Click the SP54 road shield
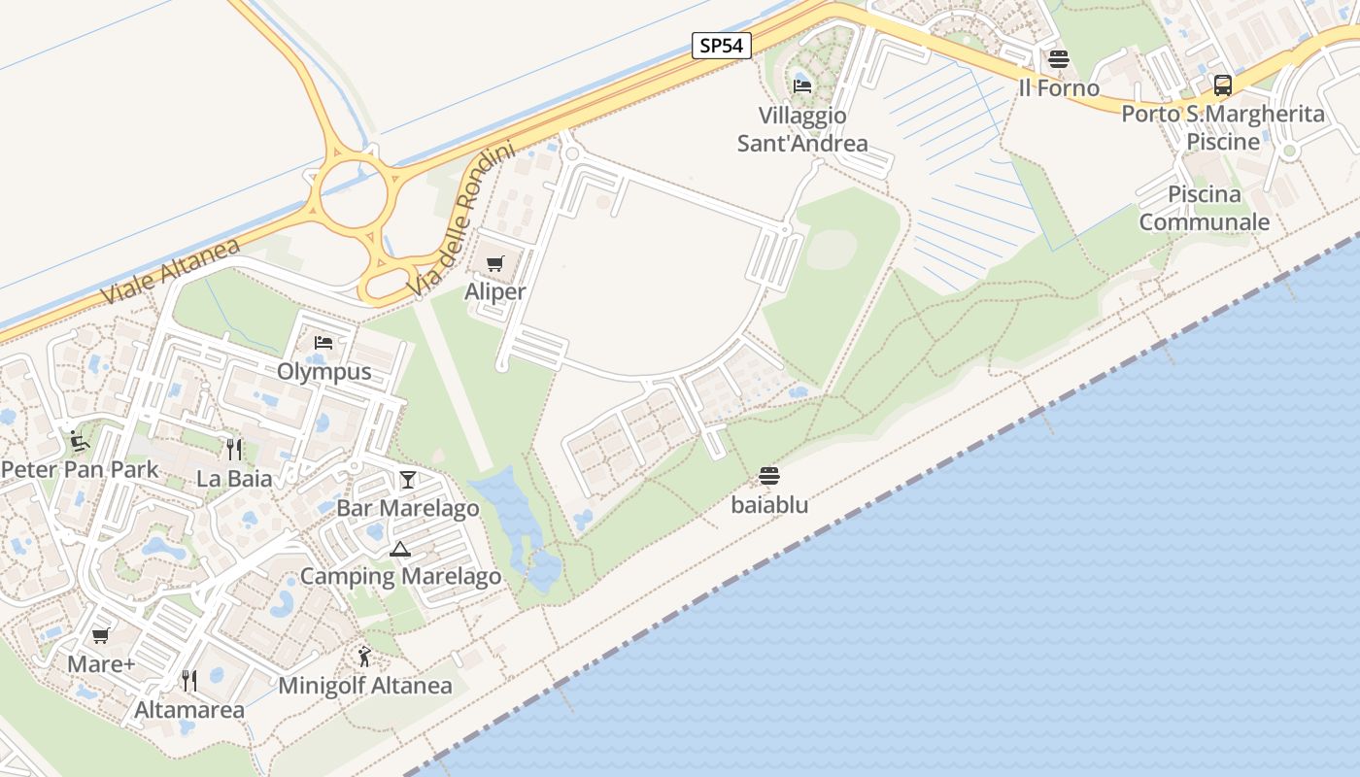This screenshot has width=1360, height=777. pyautogui.click(x=722, y=45)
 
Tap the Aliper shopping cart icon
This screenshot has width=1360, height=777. pyautogui.click(x=495, y=263)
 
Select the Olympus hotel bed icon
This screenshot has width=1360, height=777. pyautogui.click(x=323, y=343)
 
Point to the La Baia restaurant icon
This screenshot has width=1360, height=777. pyautogui.click(x=233, y=449)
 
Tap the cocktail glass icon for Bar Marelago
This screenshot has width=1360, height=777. pyautogui.click(x=407, y=480)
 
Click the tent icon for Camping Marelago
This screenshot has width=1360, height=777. pyautogui.click(x=400, y=549)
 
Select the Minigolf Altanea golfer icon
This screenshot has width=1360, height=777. pyautogui.click(x=364, y=658)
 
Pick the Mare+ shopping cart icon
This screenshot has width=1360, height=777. pyautogui.click(x=100, y=636)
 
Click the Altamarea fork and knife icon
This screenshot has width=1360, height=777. pyautogui.click(x=189, y=681)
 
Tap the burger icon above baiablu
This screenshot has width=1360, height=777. pyautogui.click(x=769, y=476)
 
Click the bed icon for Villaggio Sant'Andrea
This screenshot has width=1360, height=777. pyautogui.click(x=802, y=86)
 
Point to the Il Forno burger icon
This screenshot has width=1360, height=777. pyautogui.click(x=1058, y=59)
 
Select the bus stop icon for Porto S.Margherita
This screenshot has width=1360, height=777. pyautogui.click(x=1222, y=85)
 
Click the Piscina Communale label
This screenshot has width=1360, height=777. pyautogui.click(x=1204, y=208)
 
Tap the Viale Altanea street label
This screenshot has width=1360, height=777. pyautogui.click(x=170, y=271)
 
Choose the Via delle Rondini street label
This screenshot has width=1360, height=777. pyautogui.click(x=460, y=222)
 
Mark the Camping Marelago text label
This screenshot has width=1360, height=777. pyautogui.click(x=400, y=577)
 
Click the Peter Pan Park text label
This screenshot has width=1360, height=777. pyautogui.click(x=80, y=470)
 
